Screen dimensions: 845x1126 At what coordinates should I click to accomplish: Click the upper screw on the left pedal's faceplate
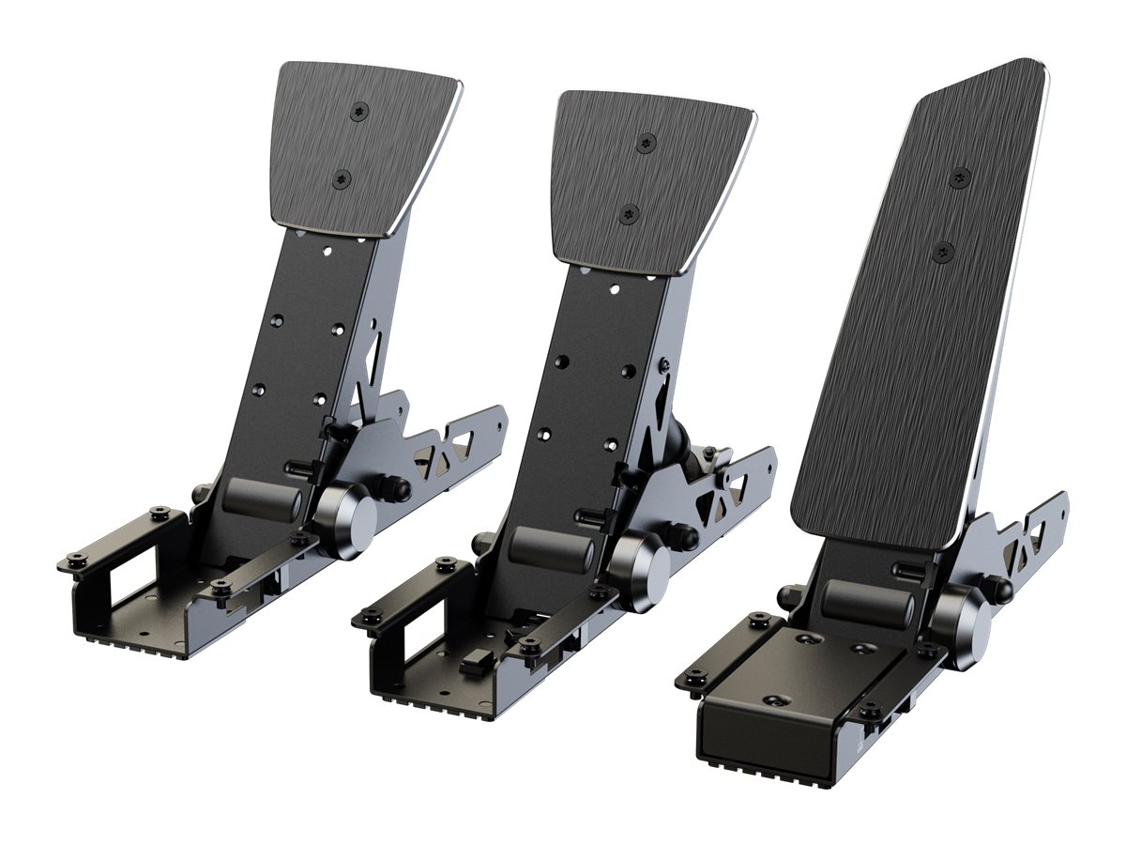[360, 111]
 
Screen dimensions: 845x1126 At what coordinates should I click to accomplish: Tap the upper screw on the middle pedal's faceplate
[646, 143]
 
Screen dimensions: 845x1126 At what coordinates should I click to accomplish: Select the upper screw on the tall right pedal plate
[960, 177]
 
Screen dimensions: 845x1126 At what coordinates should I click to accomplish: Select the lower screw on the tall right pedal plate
[944, 251]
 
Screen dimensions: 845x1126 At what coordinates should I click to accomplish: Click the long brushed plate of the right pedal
[920, 310]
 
